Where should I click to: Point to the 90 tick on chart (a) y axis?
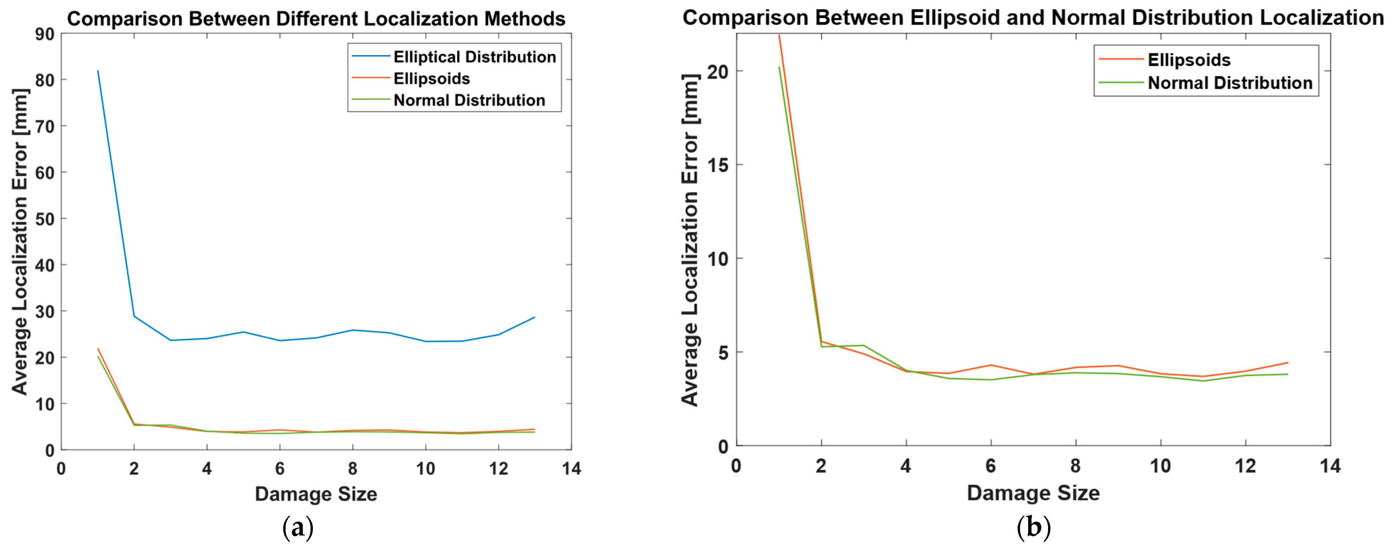pos(45,34)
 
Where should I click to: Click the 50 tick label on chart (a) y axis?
pos(45,219)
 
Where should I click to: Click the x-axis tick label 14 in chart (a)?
pos(571,469)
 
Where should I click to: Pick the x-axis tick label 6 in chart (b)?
pos(991,466)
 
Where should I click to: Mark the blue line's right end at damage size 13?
pos(534,317)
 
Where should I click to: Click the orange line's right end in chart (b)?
pos(1288,363)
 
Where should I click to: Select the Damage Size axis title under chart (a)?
pos(316,494)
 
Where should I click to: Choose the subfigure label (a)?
pos(298,528)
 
